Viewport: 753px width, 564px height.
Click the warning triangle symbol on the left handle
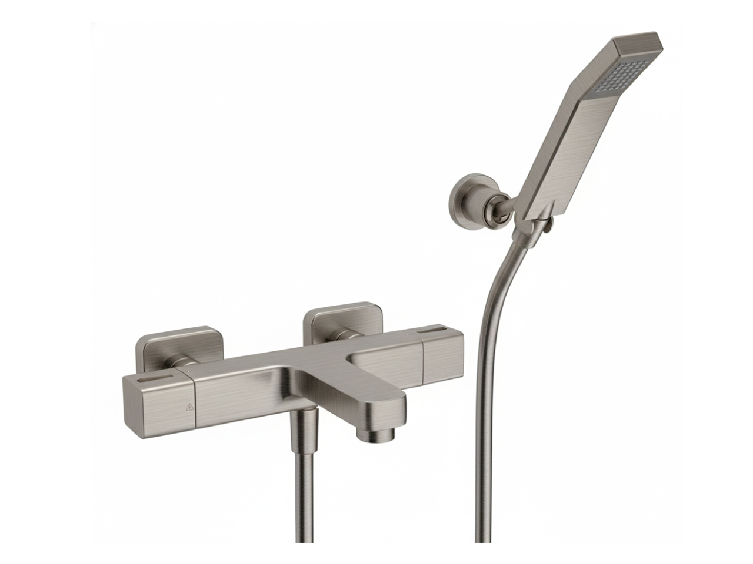pos(190,407)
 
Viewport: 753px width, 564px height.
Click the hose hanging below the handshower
pos(485,382)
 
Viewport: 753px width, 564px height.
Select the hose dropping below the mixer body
pos(305,499)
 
